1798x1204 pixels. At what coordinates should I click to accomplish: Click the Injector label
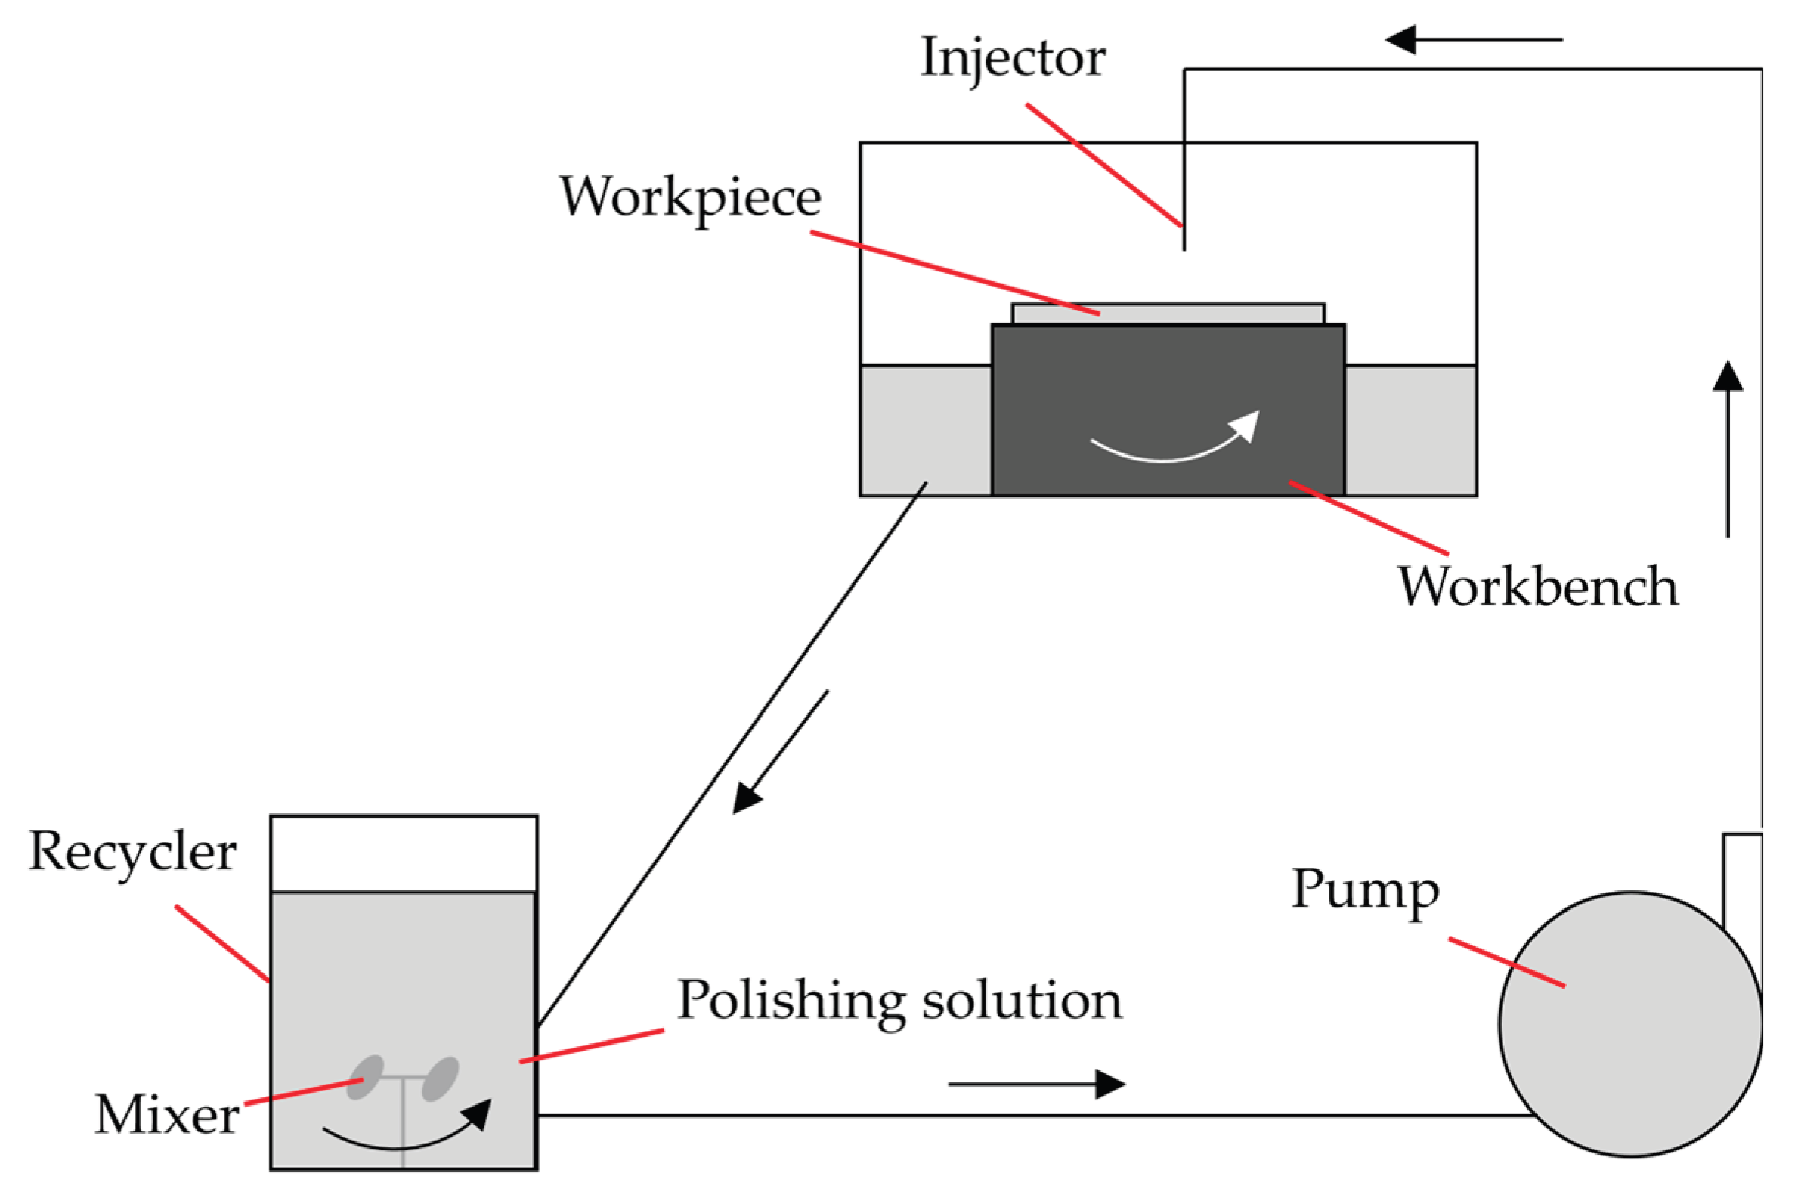point(1013,58)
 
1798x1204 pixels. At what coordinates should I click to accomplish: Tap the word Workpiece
point(689,198)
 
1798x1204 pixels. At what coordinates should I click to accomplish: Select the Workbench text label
point(1538,587)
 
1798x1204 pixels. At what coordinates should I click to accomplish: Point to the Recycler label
point(132,853)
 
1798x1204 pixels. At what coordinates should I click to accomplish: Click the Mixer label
point(166,1115)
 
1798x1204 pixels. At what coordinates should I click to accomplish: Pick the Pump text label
point(1365,890)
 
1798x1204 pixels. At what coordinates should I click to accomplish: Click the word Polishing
point(791,1002)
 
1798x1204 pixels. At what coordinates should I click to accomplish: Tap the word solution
point(1022,1001)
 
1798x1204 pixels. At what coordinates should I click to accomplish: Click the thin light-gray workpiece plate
point(1213,314)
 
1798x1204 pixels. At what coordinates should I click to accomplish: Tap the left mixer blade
point(366,1077)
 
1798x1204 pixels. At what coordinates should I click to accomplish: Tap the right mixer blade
point(441,1079)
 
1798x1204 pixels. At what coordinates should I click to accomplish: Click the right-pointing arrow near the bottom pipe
point(1036,1085)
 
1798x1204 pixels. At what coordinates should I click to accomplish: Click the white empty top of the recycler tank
point(403,853)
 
